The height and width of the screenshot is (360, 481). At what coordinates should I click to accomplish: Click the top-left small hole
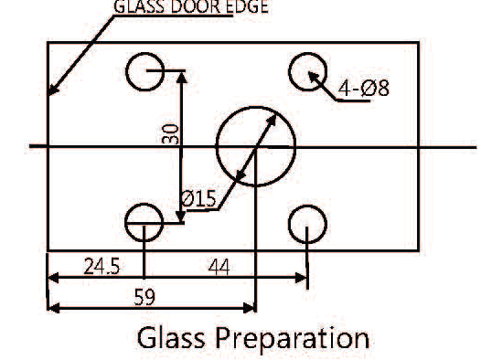click(x=144, y=71)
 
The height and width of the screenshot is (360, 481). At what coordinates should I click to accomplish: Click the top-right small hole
click(x=309, y=70)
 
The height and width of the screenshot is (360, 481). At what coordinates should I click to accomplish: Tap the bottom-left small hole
click(x=144, y=221)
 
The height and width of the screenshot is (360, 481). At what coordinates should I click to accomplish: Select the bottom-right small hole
click(x=307, y=222)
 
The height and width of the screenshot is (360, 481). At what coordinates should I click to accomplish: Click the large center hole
click(x=256, y=146)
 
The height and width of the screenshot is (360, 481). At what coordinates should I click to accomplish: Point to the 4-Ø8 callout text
click(x=363, y=89)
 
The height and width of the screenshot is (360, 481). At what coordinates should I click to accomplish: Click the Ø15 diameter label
click(x=198, y=198)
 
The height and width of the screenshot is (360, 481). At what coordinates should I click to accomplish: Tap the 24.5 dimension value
click(x=102, y=267)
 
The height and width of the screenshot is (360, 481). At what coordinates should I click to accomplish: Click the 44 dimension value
click(x=218, y=267)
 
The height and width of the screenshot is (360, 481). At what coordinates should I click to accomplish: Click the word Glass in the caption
click(x=174, y=337)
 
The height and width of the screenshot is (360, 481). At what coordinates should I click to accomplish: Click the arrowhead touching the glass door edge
click(x=52, y=91)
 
